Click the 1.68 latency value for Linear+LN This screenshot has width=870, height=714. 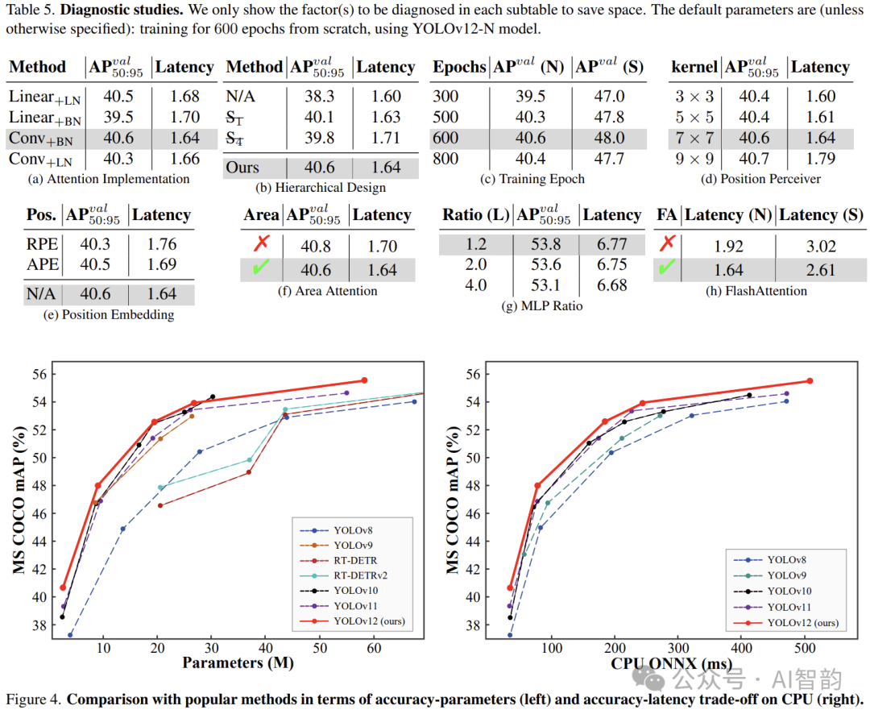tap(184, 97)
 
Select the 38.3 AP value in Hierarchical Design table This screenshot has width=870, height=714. tap(321, 97)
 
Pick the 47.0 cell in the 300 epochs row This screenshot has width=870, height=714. tap(608, 97)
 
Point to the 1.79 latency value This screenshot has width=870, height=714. tap(820, 159)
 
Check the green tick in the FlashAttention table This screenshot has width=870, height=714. tap(665, 268)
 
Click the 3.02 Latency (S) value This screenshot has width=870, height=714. tap(820, 246)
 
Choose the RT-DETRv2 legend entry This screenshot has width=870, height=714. tap(354, 576)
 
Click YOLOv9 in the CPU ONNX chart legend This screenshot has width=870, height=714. tap(785, 575)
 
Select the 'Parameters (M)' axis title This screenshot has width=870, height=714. tap(238, 662)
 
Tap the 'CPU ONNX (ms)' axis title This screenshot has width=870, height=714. tap(670, 662)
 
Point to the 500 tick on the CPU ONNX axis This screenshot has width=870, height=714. tap(804, 646)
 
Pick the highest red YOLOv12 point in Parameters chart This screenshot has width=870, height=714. tap(364, 380)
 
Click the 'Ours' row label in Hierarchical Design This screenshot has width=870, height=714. tap(242, 168)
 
